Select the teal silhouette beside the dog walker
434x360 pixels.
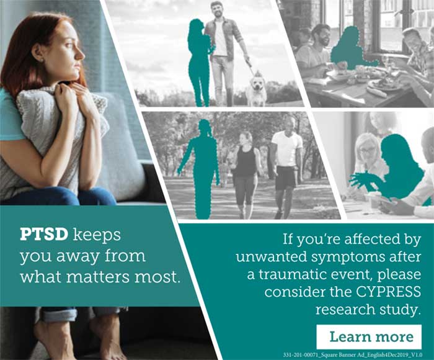[x=200, y=62]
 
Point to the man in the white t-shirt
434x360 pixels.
[x=286, y=161]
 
